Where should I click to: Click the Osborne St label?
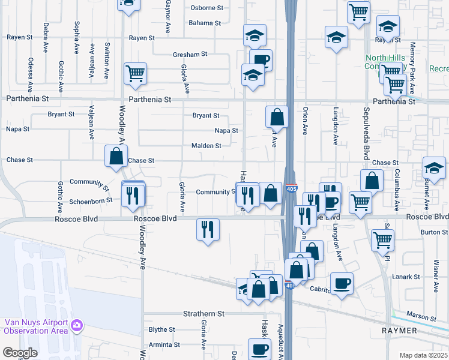(x=206, y=8)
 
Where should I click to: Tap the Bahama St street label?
(x=204, y=23)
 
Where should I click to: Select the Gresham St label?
(x=190, y=54)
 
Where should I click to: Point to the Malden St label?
(x=206, y=146)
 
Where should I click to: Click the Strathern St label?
(x=203, y=314)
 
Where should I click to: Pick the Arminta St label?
(x=160, y=344)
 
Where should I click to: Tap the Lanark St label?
(x=407, y=277)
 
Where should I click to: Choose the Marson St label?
(x=421, y=316)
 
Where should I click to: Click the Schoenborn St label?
(x=90, y=200)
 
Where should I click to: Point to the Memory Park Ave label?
(x=413, y=67)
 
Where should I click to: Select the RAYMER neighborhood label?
(x=400, y=331)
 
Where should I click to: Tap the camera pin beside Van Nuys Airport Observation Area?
(x=76, y=326)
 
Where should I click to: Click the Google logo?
(x=20, y=353)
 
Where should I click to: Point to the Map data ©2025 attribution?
(x=423, y=355)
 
